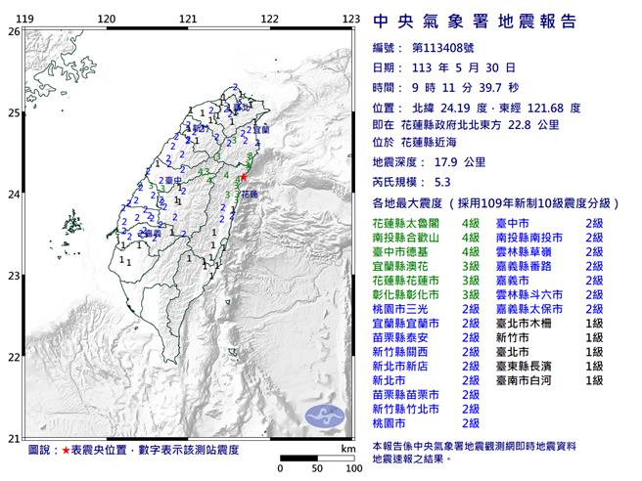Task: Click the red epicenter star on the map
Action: (244, 176)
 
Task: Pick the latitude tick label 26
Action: (14, 31)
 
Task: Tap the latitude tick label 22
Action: (14, 357)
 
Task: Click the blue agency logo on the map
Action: (328, 414)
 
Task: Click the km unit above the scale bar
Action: (347, 449)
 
